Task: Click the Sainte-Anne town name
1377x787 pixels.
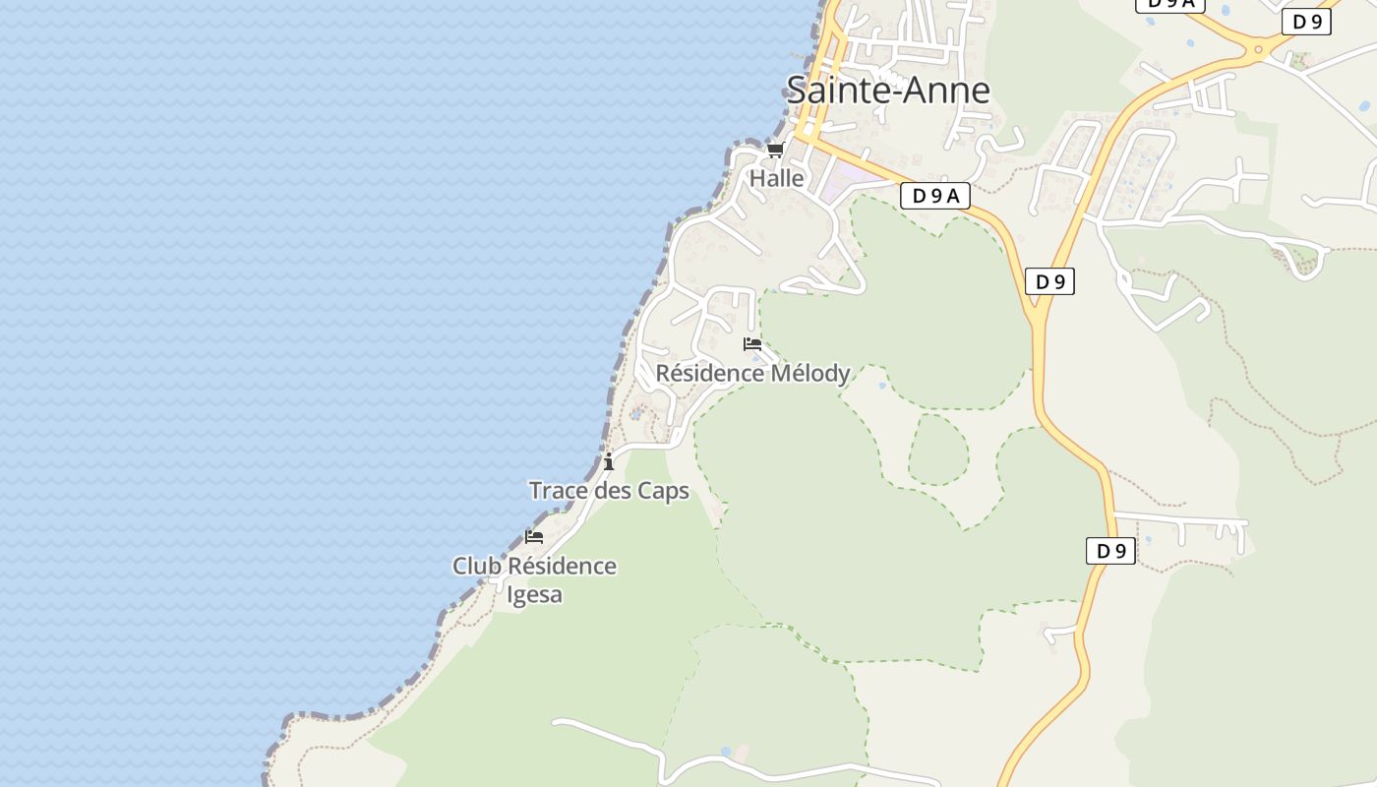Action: coord(887,91)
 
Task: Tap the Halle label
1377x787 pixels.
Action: coord(777,179)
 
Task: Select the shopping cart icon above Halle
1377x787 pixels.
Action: coord(775,151)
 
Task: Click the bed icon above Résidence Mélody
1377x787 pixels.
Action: coord(752,344)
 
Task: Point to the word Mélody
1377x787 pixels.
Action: coord(809,374)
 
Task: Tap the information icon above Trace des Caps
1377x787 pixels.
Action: coord(609,461)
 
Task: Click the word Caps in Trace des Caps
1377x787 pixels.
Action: coord(664,491)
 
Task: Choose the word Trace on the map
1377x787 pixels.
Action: coord(557,491)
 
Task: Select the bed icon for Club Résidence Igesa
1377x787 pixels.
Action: coord(534,537)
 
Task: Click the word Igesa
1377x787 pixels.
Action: coord(534,594)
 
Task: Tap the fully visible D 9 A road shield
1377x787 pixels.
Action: coord(934,196)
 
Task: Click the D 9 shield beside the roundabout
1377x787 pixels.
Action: coord(1306,22)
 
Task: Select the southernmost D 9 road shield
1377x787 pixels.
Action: coord(1110,551)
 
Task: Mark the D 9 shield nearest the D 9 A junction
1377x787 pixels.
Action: coord(1049,282)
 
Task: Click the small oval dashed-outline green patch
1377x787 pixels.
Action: coord(937,449)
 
